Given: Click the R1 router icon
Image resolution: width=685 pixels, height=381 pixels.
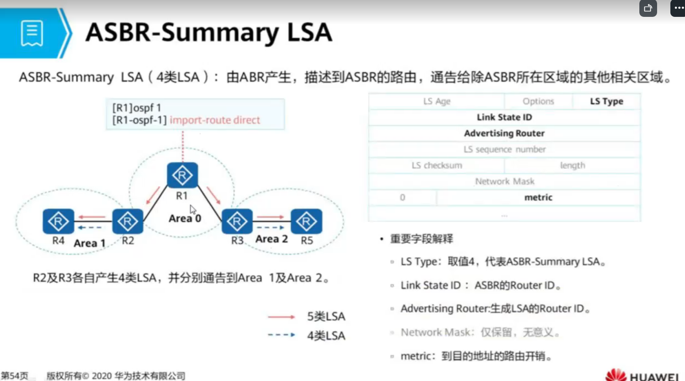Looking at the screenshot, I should [x=182, y=175].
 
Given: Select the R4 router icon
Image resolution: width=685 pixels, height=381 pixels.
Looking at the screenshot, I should [x=58, y=221].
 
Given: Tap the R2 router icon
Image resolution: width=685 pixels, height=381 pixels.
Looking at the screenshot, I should [x=128, y=221].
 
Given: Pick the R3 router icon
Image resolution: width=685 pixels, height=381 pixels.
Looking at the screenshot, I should [x=237, y=221].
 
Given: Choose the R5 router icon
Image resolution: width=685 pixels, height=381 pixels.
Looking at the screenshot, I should [x=306, y=221].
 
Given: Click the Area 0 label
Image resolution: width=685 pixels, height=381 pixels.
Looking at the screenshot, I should [x=185, y=218].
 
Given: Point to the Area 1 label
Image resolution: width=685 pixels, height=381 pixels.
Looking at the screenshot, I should [x=90, y=243].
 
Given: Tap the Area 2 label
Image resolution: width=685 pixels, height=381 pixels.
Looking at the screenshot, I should [x=272, y=239].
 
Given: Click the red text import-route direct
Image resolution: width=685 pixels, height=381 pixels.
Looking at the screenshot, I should [x=215, y=120].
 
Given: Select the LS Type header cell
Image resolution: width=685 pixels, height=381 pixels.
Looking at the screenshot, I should [x=606, y=101].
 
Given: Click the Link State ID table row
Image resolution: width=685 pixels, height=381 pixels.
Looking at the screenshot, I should [x=504, y=117].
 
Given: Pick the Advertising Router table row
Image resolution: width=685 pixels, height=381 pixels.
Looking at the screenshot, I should [x=504, y=133].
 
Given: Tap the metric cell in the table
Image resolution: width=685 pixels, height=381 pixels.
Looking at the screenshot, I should [x=538, y=197].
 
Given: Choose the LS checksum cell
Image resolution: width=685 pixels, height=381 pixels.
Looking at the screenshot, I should [x=436, y=165].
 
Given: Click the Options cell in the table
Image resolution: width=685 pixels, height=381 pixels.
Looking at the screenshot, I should [x=538, y=101].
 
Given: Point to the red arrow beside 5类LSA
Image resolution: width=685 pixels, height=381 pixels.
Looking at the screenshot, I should [x=281, y=317].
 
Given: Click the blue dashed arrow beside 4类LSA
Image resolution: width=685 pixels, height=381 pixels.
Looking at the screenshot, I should [x=281, y=335].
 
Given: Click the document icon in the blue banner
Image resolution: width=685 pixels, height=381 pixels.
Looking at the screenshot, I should [x=32, y=33].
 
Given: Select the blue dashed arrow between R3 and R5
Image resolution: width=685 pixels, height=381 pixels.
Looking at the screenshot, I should [x=271, y=228].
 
